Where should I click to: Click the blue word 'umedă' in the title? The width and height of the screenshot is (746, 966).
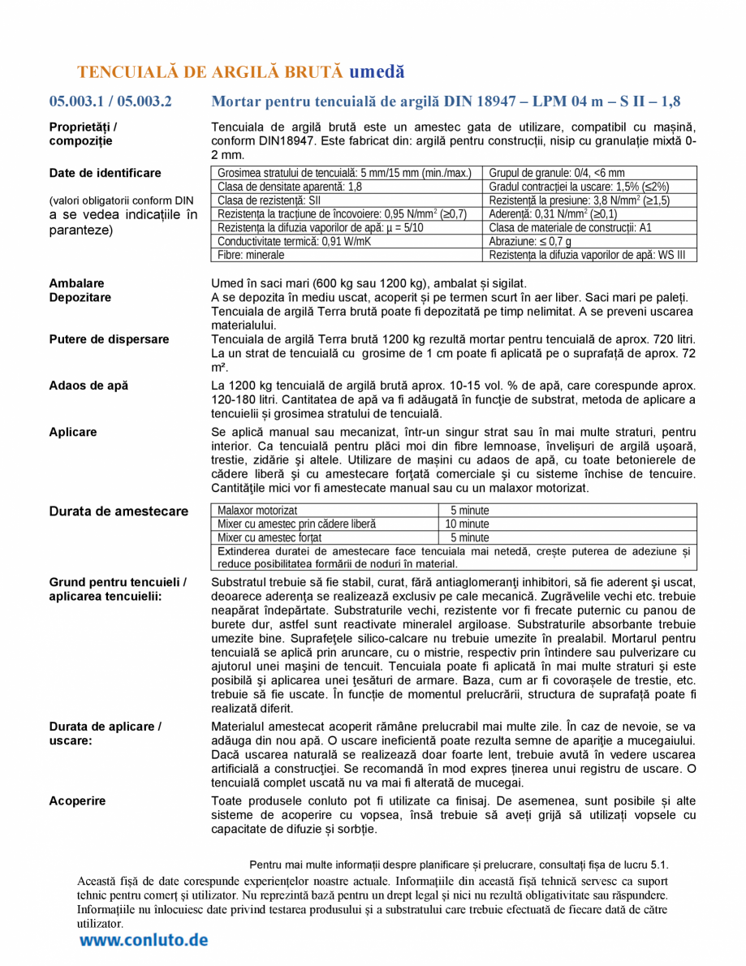(x=376, y=71)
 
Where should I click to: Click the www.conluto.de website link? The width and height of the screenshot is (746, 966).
(x=144, y=940)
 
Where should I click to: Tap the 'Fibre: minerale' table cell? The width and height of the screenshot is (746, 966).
(x=252, y=255)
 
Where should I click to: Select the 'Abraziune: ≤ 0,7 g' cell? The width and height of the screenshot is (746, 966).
(x=530, y=241)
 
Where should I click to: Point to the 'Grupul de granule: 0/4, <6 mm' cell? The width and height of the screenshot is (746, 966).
(x=557, y=173)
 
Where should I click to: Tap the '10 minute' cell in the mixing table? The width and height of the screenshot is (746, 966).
(x=468, y=524)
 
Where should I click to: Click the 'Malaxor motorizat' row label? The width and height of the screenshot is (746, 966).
(x=257, y=511)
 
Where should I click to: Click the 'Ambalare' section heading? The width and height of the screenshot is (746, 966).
(x=76, y=283)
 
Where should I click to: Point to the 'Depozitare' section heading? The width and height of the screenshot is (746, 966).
(x=80, y=297)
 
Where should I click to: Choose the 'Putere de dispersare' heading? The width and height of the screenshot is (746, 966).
(x=110, y=339)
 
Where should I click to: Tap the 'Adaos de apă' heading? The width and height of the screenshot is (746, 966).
(x=88, y=386)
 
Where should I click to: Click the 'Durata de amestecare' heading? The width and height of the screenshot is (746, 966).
(x=119, y=511)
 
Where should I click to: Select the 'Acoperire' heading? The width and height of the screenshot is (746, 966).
(x=77, y=801)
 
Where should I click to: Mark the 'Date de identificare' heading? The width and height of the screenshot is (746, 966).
(x=105, y=173)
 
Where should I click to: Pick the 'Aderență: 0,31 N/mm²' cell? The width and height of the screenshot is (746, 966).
(x=541, y=213)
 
